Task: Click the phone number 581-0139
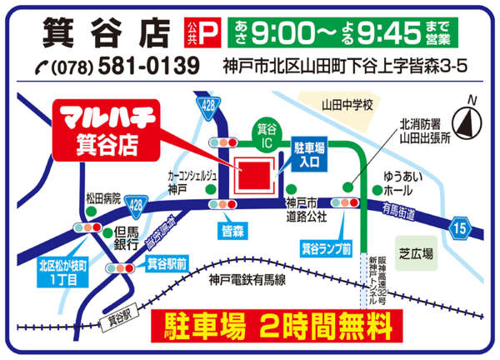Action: pos(150,65)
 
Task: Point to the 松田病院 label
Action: pos(103,199)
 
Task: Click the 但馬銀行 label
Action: pos(126,237)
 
